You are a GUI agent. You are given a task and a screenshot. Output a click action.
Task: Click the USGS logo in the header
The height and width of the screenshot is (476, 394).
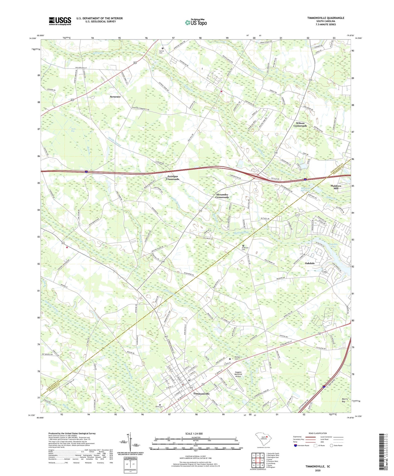pos(60,21)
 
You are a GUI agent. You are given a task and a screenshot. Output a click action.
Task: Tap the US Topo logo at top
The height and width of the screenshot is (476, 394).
pos(196,22)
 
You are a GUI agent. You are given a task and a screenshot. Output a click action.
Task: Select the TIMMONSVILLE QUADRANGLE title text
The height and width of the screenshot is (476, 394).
pos(326,18)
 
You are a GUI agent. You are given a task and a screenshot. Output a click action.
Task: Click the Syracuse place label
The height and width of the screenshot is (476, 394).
pos(115,97)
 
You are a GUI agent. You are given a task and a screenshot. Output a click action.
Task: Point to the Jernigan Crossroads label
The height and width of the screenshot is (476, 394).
pos(173,178)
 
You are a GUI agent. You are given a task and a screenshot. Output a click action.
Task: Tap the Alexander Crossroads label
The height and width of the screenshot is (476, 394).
pos(222,196)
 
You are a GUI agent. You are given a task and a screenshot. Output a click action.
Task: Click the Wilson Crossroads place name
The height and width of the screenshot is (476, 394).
pos(300,125)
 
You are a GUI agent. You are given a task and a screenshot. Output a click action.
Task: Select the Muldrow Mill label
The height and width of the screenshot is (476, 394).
pos(336,187)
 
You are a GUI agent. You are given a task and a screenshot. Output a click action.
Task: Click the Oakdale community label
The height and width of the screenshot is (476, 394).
pos(310,263)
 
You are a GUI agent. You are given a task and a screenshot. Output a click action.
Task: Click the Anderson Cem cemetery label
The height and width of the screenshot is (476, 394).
pos(243,249)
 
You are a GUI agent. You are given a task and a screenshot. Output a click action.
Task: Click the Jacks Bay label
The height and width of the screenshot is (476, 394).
pos(73,130)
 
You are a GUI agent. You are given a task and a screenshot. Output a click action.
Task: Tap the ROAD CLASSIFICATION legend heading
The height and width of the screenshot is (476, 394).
pos(318,433)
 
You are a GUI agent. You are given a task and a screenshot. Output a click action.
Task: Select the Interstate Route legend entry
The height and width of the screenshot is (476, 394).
pos(301,445)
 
